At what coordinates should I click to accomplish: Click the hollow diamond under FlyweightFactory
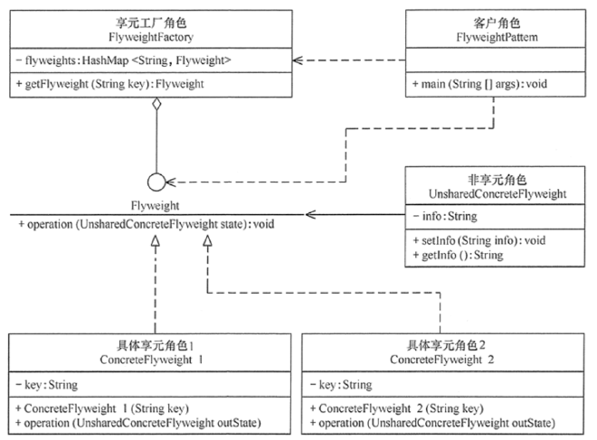pyautogui.click(x=156, y=106)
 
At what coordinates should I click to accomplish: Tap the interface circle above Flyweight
pyautogui.click(x=156, y=182)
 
